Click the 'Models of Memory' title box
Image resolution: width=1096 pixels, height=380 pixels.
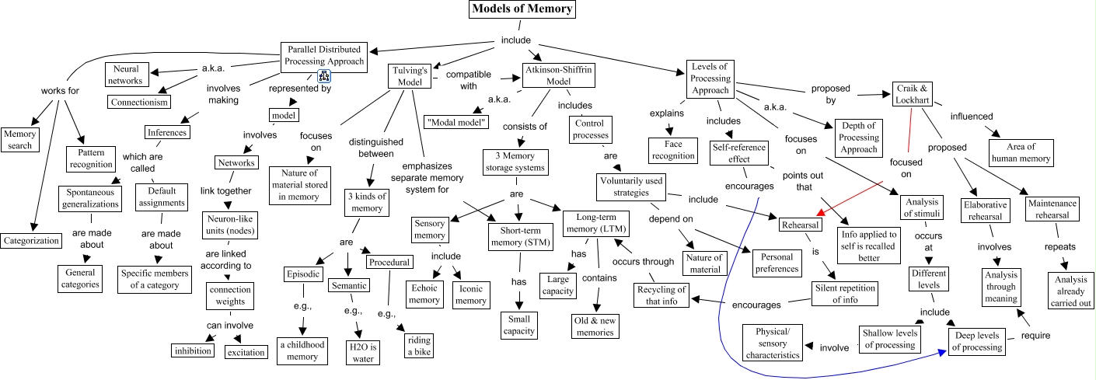coord(522,10)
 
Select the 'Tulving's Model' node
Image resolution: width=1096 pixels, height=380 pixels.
coord(409,75)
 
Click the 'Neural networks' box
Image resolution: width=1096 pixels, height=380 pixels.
coord(125,75)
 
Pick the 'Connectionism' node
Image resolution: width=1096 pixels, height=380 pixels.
coord(139,102)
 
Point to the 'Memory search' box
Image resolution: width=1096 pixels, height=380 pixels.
coord(20,140)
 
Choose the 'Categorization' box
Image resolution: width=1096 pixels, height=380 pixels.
coord(31,240)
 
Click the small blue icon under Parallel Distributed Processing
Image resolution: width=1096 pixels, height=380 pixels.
coord(323,75)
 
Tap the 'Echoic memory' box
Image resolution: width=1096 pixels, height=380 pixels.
coord(424,295)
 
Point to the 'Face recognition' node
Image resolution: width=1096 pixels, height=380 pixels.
coord(674,150)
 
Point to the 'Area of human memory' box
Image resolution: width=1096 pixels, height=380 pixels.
coord(1021,152)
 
